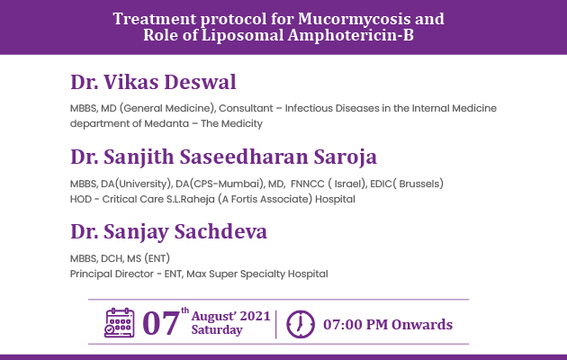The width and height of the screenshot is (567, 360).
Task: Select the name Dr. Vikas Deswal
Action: [x=153, y=82]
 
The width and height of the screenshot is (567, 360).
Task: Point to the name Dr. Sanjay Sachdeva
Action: [x=168, y=231]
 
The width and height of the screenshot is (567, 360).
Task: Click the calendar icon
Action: [x=120, y=323]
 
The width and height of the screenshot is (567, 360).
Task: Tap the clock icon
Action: [x=300, y=324]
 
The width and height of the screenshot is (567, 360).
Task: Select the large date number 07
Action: [x=161, y=323]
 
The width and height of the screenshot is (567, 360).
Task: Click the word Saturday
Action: [x=217, y=330]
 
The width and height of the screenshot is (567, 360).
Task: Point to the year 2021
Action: [x=255, y=316]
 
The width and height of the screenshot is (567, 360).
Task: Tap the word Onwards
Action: [x=422, y=325]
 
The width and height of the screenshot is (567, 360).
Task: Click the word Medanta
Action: [x=166, y=123]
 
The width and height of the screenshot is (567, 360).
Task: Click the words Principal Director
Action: [x=112, y=274]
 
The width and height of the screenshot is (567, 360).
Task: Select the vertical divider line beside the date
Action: [x=276, y=324]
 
